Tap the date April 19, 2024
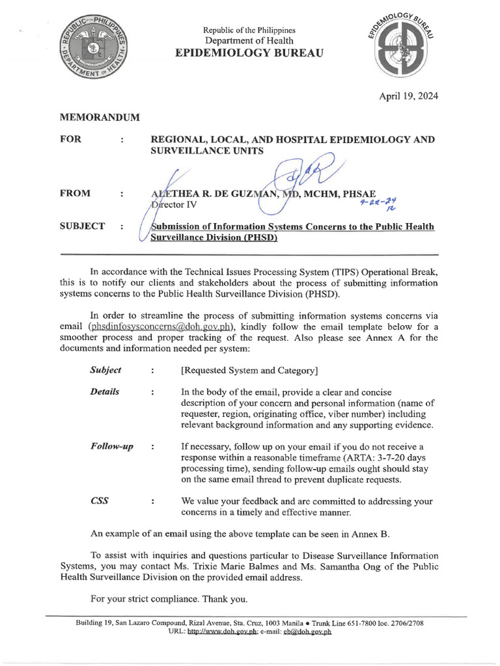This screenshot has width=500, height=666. pyautogui.click(x=409, y=96)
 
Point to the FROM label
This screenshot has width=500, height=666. pyautogui.click(x=75, y=193)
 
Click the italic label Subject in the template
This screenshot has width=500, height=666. pyautogui.click(x=105, y=370)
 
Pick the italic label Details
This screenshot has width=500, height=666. pyautogui.click(x=104, y=392)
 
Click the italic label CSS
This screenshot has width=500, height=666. pyautogui.click(x=100, y=501)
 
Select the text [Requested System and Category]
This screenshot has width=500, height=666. pyautogui.click(x=249, y=371)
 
